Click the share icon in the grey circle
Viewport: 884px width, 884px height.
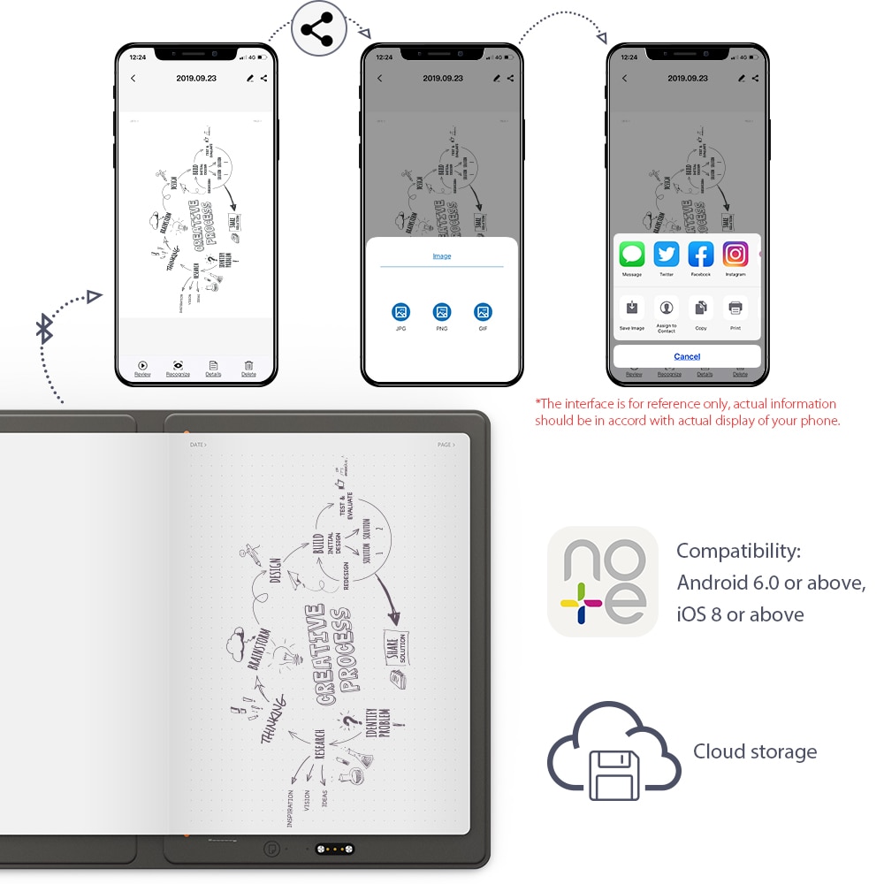pos(318,31)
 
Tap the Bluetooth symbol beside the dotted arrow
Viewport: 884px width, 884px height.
pos(44,329)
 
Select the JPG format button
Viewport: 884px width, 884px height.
pos(401,312)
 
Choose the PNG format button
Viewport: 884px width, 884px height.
pos(442,312)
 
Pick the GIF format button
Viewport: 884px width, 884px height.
pos(483,312)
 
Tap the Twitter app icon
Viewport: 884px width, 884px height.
pos(667,255)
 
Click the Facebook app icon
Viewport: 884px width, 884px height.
pos(701,255)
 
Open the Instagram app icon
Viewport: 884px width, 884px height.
pos(735,255)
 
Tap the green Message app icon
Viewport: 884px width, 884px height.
pos(632,255)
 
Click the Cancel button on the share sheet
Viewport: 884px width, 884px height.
pos(687,356)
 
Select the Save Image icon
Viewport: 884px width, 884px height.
pos(632,308)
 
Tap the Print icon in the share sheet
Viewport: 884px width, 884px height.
pos(735,308)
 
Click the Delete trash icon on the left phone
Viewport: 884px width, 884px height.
pos(249,365)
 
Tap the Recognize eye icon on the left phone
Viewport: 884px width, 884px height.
pos(178,365)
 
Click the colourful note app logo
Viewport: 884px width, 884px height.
pos(603,582)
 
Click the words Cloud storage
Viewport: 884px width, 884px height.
pos(755,752)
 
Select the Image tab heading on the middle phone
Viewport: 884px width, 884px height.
pos(442,256)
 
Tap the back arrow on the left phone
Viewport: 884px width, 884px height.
pos(133,79)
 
